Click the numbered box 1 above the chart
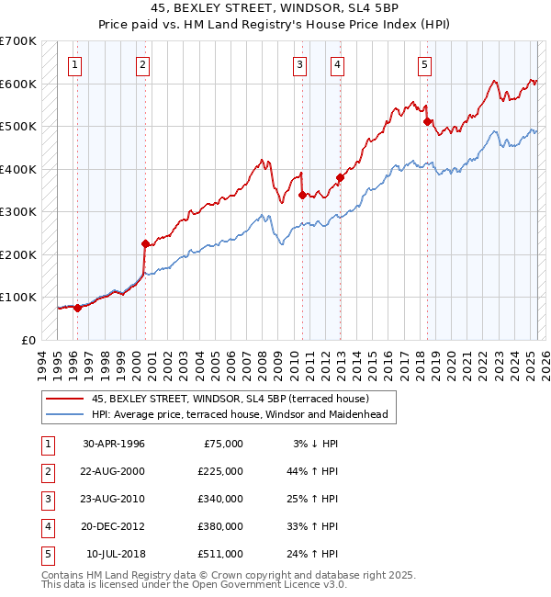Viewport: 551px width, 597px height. [x=73, y=64]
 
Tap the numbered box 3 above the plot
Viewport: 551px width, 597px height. [x=300, y=64]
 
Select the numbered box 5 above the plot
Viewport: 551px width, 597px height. [x=425, y=64]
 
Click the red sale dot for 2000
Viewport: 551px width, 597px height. [x=145, y=243]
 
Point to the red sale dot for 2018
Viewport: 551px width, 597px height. [x=428, y=121]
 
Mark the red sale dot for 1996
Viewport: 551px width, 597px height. [x=77, y=308]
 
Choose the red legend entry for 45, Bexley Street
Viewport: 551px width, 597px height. [x=230, y=399]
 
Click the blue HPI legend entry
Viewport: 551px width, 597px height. [x=240, y=414]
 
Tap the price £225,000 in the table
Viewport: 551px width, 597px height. [x=220, y=470]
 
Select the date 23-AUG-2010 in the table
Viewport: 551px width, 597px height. [x=114, y=499]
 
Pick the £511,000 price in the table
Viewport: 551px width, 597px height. [x=220, y=554]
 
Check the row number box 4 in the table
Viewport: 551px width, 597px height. [x=46, y=526]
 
